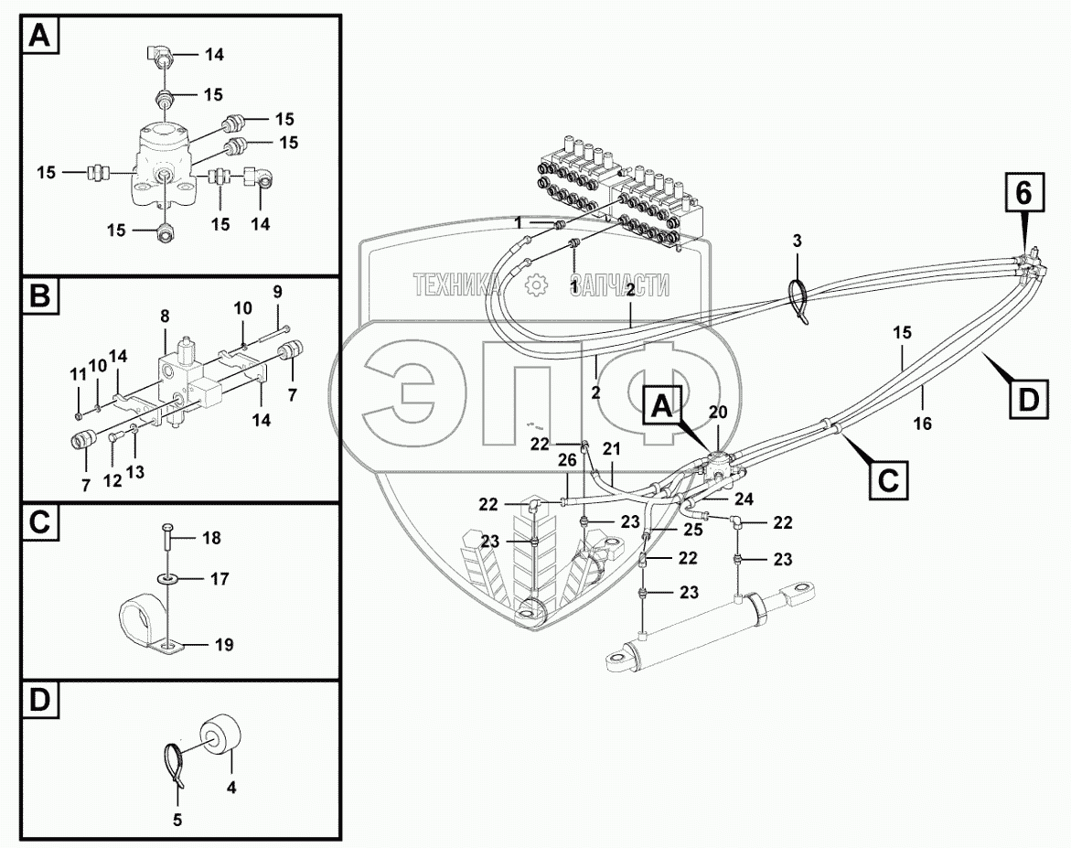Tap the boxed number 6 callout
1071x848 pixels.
click(1023, 193)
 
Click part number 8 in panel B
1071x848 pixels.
click(165, 317)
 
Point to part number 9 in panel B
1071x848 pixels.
click(278, 291)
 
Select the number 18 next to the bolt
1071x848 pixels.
click(211, 538)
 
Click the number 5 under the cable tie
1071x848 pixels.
click(177, 821)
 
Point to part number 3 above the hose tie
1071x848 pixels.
click(798, 242)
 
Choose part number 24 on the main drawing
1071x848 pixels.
click(743, 499)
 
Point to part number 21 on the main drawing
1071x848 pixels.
click(611, 448)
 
